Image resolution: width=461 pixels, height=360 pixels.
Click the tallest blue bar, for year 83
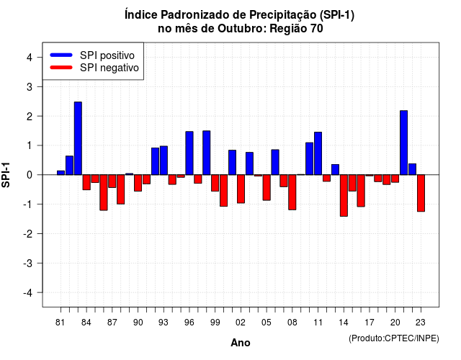(x=78, y=138)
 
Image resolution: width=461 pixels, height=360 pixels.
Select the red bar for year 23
(x=421, y=193)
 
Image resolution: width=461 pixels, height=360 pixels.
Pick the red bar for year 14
(x=344, y=195)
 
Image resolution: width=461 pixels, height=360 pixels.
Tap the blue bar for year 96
(x=189, y=153)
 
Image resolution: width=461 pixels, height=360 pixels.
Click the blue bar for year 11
(x=318, y=153)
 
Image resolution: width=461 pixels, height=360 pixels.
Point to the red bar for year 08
(x=292, y=192)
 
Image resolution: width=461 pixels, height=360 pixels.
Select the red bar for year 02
(x=241, y=189)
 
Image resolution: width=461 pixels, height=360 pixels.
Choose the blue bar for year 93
(x=164, y=161)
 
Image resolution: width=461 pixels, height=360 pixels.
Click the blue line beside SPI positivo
(x=61, y=55)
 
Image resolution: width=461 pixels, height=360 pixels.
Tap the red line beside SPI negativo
(x=61, y=68)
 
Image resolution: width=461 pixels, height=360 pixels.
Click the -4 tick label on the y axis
(x=28, y=293)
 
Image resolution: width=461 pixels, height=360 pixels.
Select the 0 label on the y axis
(x=30, y=175)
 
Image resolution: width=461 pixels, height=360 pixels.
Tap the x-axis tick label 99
(x=215, y=323)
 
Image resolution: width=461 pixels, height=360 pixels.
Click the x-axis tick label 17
(x=370, y=323)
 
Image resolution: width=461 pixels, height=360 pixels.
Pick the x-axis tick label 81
(x=61, y=323)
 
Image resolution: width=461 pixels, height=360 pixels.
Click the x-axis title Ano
(x=241, y=343)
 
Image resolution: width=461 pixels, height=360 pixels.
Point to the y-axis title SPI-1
(x=6, y=175)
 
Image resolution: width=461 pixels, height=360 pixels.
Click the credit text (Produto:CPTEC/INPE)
(x=394, y=338)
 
